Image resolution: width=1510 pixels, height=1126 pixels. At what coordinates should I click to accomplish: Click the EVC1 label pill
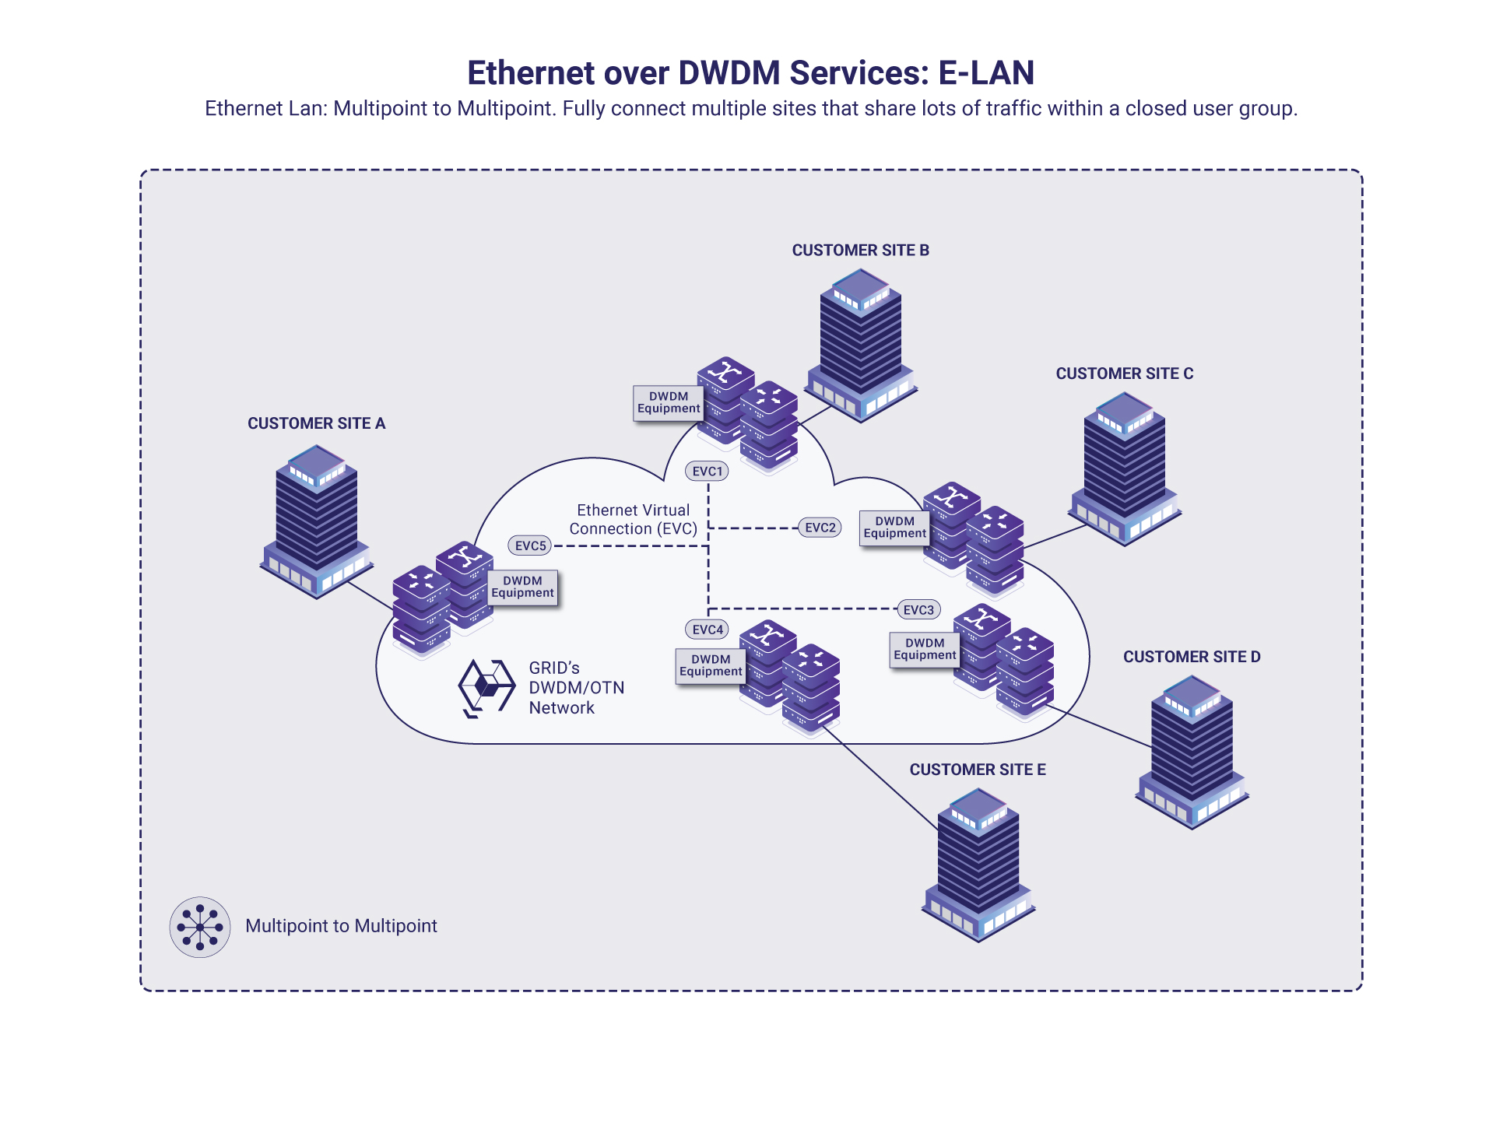coord(707,471)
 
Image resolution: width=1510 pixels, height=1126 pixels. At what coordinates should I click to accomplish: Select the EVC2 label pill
coord(820,528)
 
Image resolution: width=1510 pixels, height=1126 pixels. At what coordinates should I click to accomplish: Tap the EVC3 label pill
coord(918,609)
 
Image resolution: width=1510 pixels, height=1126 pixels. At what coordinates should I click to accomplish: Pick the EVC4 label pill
coord(707,629)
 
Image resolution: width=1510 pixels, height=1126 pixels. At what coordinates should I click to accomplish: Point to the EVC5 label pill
coord(530,545)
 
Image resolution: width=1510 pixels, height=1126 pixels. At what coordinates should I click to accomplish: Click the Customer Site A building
coord(316,521)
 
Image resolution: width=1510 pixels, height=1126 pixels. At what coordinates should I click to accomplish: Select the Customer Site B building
coord(860,346)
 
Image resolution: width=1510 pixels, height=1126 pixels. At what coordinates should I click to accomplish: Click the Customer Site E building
coord(978,865)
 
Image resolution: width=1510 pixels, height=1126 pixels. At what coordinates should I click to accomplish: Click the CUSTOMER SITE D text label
coord(1191,657)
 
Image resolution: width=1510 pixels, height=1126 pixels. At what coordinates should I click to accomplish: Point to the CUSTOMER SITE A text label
coord(316,423)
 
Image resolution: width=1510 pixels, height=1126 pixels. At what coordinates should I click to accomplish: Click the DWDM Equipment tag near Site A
coord(522,587)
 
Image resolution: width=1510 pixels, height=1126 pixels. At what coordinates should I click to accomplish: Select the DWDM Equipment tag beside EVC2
coord(894,528)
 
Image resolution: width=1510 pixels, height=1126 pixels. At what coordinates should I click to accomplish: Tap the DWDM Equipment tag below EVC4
coord(710,665)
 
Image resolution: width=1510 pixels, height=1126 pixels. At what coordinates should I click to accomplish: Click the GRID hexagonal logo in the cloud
coord(486,687)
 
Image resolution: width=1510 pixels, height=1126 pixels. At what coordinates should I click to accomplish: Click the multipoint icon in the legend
coord(200,927)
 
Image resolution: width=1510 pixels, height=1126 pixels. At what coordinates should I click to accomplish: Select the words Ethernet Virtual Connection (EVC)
coord(633,519)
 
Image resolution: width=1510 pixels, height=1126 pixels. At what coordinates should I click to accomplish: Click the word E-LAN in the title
coord(985,73)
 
